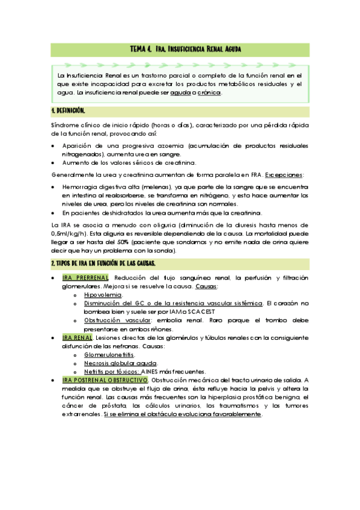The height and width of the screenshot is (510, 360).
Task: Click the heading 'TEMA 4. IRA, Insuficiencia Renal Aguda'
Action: coord(186,49)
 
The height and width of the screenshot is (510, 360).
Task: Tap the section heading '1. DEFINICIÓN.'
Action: coord(69,111)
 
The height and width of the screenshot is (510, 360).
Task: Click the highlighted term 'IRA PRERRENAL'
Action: coord(85,278)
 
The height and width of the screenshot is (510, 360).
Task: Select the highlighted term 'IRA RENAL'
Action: coord(78,338)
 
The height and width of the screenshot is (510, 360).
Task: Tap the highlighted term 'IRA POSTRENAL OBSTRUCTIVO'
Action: coord(105,381)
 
